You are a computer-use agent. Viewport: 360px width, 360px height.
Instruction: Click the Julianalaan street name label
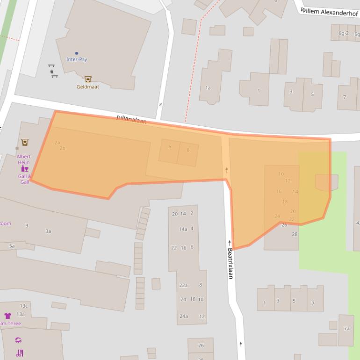(x=131, y=120)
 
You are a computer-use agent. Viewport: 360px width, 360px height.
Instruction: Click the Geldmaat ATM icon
(x=87, y=79)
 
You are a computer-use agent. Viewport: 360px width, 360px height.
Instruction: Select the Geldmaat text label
(x=87, y=86)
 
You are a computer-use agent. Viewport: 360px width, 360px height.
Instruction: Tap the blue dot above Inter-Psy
(x=77, y=53)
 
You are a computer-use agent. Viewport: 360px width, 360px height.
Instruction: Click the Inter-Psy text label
(x=77, y=59)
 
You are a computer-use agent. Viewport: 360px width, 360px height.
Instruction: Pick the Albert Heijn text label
(x=23, y=159)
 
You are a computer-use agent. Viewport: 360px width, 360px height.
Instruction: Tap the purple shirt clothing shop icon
(x=7, y=316)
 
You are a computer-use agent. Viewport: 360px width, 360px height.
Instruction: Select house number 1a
(x=208, y=87)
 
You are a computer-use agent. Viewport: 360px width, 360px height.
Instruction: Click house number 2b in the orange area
(x=62, y=148)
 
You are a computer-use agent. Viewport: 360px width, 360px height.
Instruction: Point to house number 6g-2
(x=344, y=33)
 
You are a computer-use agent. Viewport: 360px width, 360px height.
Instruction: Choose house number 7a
(x=346, y=328)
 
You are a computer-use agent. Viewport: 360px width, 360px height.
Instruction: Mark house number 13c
(x=23, y=306)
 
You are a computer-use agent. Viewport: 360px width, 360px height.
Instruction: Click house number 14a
(x=183, y=229)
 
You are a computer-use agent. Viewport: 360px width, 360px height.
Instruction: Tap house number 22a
(x=183, y=285)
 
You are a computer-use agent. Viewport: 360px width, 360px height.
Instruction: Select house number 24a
(x=183, y=316)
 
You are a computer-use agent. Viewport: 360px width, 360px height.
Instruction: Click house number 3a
(x=48, y=231)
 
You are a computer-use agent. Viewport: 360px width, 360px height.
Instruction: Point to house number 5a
(x=12, y=245)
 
